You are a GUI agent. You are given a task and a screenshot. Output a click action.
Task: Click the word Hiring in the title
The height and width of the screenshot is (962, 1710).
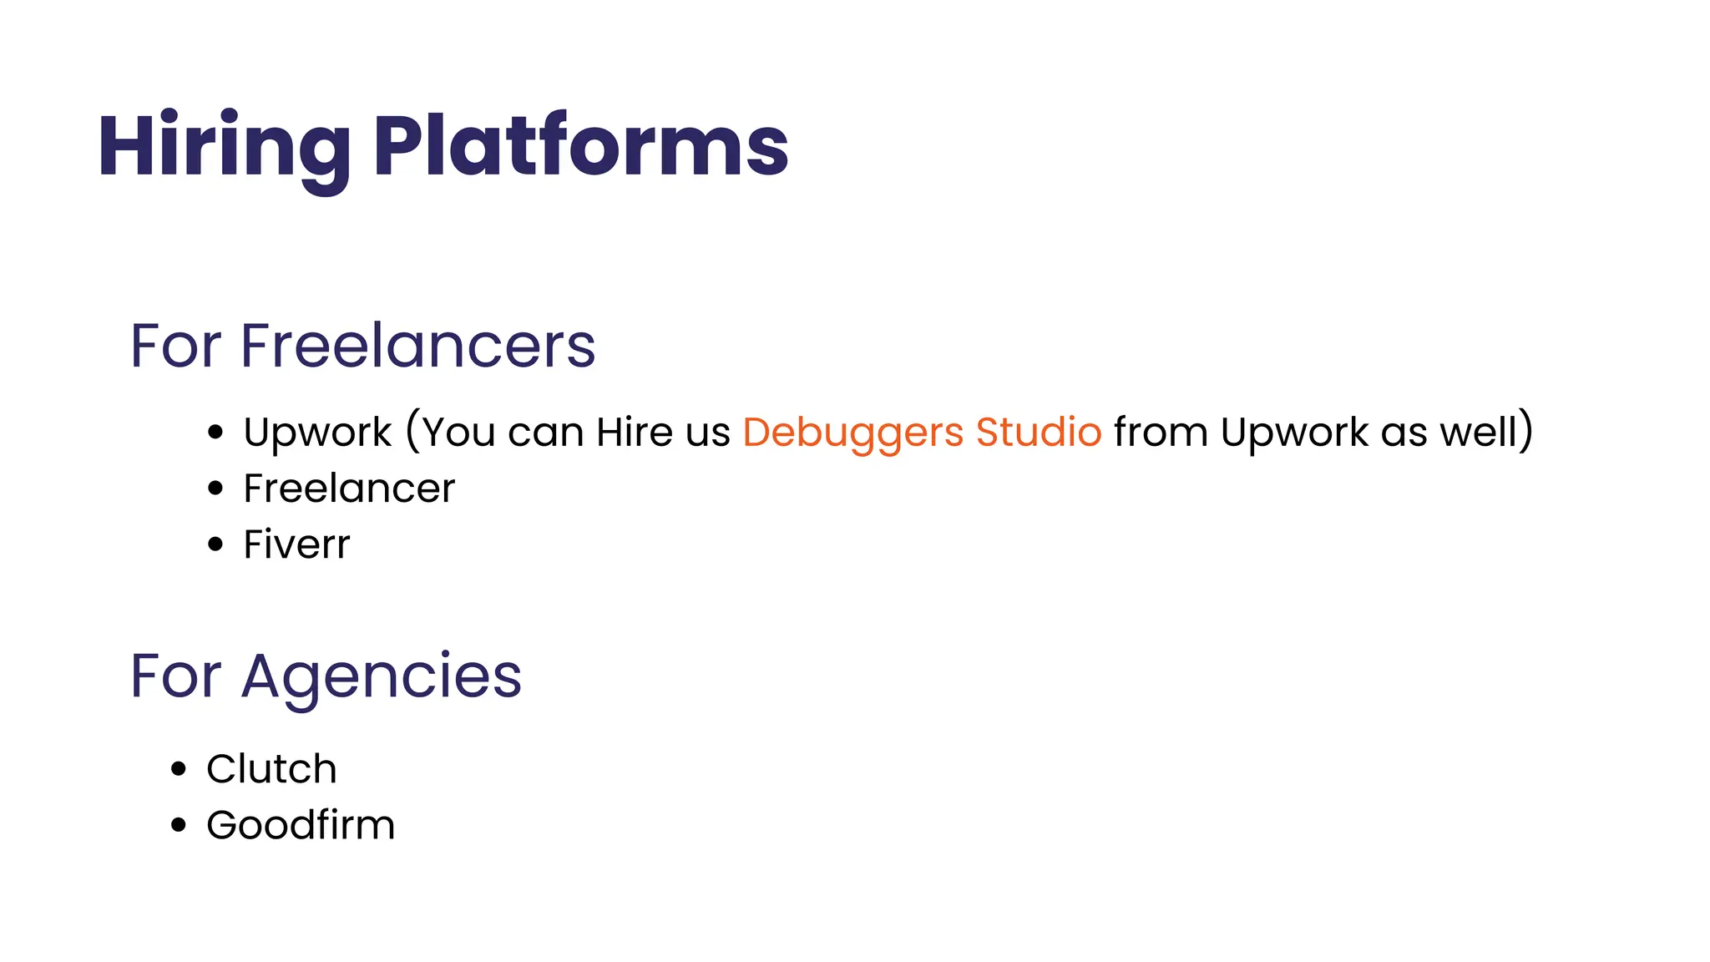(224, 148)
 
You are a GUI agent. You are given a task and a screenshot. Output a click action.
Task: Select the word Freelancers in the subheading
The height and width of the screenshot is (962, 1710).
(417, 345)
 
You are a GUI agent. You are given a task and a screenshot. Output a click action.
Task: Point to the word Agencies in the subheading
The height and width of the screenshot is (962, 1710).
(382, 676)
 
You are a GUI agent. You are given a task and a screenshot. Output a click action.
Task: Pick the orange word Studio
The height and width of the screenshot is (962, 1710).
(1039, 432)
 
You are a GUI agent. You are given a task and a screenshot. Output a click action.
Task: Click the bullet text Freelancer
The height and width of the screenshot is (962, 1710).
(349, 488)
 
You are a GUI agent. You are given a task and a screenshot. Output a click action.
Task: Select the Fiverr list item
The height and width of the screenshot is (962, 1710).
(296, 544)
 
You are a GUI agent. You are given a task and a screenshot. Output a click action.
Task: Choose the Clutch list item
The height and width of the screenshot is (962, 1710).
(271, 768)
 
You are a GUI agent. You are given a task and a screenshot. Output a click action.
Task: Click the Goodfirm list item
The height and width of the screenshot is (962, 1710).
(301, 825)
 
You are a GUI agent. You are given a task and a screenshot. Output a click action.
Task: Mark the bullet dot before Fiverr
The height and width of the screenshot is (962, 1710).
(216, 544)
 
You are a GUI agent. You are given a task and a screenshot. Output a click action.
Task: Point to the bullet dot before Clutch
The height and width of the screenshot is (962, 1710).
(179, 768)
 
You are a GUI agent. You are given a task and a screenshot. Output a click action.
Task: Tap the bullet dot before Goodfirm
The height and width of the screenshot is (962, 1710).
(179, 825)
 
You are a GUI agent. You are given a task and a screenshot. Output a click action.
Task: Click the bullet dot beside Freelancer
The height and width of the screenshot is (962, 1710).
(216, 489)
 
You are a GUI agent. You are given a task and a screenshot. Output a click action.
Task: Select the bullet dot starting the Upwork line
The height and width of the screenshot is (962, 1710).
(216, 433)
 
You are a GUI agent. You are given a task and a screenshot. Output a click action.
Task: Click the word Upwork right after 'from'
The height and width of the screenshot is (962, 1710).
(1294, 433)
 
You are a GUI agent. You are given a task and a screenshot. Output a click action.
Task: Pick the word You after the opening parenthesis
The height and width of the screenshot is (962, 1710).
(459, 433)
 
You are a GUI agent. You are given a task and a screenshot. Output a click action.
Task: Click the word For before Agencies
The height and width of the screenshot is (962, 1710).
(176, 676)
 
